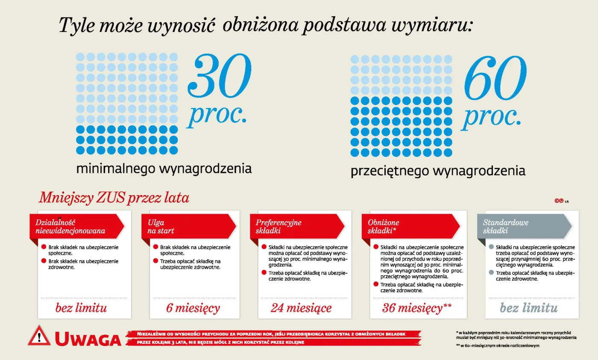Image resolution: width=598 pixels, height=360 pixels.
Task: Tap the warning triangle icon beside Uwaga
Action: [x=39, y=337]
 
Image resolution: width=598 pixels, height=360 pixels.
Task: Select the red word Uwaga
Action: [x=88, y=339]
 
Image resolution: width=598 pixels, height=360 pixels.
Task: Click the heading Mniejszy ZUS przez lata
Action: [x=114, y=198]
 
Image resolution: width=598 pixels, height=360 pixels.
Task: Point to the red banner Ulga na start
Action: [x=188, y=226]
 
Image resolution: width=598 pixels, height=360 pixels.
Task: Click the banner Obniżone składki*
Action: [x=408, y=226]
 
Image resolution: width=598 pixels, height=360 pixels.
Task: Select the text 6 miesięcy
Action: [x=193, y=308]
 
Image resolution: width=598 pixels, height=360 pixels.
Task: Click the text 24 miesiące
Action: [x=301, y=308]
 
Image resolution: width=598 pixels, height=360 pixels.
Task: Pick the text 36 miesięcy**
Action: [x=417, y=308]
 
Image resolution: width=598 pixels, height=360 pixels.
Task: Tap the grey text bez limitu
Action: [x=529, y=308]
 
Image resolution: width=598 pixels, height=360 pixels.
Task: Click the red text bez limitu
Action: [x=81, y=308]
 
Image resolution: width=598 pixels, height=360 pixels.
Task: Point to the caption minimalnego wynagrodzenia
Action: [x=164, y=169]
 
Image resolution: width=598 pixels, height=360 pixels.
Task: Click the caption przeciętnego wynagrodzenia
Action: [x=438, y=171]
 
